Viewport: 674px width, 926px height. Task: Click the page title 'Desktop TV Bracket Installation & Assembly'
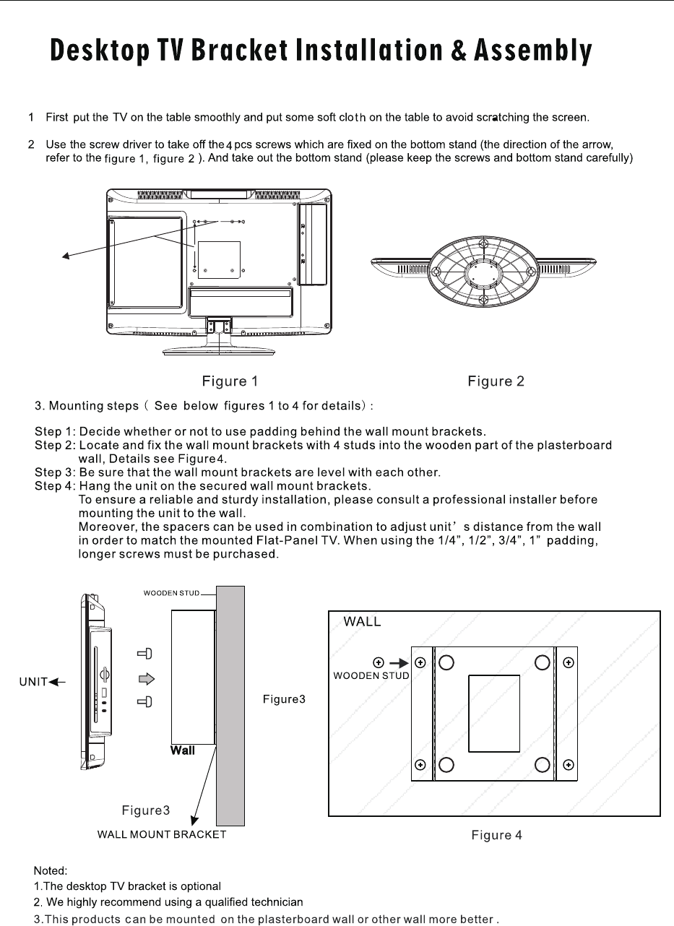[321, 51]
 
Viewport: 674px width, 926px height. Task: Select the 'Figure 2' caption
[496, 381]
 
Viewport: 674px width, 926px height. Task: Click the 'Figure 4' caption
[496, 835]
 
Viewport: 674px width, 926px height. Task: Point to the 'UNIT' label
[33, 681]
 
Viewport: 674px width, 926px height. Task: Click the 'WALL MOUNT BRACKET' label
[162, 834]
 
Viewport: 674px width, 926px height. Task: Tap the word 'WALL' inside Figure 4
[362, 622]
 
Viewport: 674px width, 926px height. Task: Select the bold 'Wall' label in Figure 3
[182, 750]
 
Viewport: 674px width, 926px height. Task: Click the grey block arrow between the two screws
[147, 678]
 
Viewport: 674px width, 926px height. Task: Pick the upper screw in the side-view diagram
[145, 654]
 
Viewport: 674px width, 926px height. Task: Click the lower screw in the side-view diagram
[145, 702]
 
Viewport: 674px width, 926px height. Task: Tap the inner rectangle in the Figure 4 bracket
[494, 713]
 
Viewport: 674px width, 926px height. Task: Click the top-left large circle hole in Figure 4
[447, 662]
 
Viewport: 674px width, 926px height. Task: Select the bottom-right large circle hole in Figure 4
[543, 764]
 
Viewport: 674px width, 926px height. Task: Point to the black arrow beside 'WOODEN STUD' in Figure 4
[398, 662]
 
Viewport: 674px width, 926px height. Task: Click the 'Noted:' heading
[51, 871]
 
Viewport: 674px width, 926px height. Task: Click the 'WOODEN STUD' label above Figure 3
[171, 593]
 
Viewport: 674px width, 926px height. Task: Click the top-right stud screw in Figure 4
[568, 662]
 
